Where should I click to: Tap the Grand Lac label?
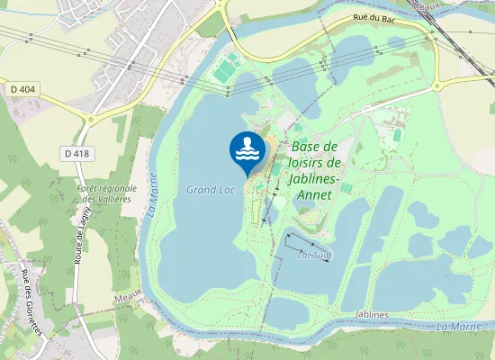coord(204,190)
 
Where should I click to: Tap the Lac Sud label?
coord(311,255)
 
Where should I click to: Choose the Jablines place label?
coord(372,314)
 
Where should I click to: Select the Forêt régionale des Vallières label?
coord(105,193)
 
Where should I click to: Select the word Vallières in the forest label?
coord(114,198)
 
